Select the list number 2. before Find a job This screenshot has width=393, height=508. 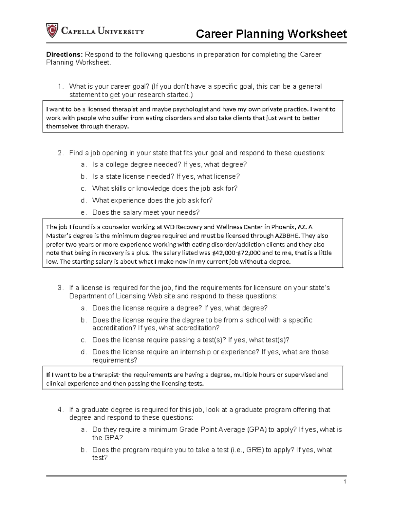pyautogui.click(x=60, y=153)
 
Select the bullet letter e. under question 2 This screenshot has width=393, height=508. pyautogui.click(x=84, y=213)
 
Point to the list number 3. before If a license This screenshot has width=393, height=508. pyautogui.click(x=60, y=288)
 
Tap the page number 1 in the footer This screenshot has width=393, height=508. pyautogui.click(x=345, y=482)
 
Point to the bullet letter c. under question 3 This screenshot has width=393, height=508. pyautogui.click(x=84, y=340)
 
